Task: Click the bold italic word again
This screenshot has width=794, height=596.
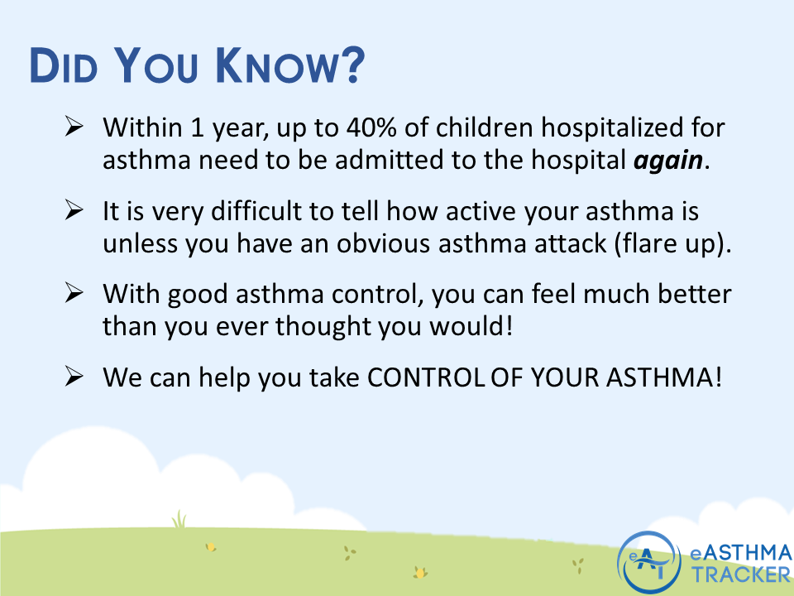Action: click(669, 159)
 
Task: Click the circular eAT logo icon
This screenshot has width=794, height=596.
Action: click(650, 563)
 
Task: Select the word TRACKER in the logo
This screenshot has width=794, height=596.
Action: click(742, 574)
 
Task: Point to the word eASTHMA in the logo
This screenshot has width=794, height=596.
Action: click(742, 552)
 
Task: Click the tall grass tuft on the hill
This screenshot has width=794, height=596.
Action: click(179, 519)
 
